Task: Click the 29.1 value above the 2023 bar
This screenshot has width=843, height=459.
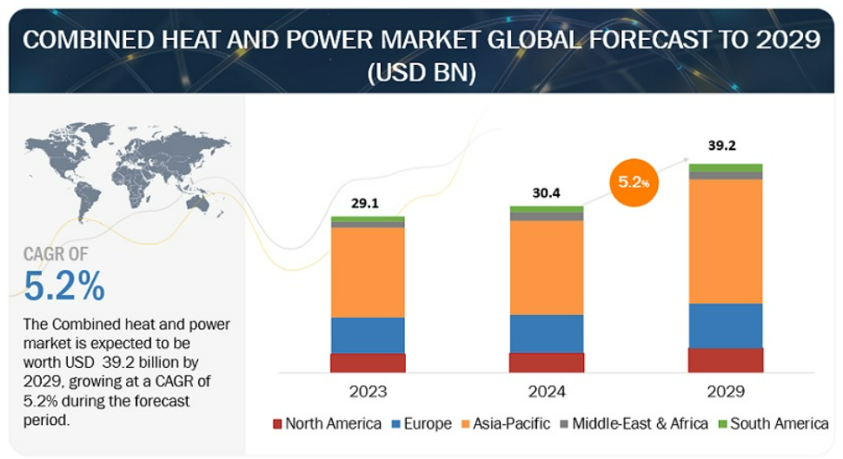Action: pos(365,203)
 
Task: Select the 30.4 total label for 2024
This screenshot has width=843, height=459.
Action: pos(547,193)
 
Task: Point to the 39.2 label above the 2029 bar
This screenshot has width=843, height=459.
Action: pos(722,145)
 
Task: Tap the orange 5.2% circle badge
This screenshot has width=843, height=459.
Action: pos(634,182)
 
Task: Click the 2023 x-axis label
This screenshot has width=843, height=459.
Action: pos(368,391)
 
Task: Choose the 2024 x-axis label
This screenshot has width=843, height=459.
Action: pos(547,391)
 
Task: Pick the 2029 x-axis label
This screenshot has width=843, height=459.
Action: pos(726,391)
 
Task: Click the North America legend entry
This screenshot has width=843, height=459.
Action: pos(328,423)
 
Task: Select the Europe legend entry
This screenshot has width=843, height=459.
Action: pos(422,423)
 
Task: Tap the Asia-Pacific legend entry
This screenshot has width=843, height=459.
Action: pos(506,423)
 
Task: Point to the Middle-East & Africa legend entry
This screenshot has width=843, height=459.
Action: pos(634,423)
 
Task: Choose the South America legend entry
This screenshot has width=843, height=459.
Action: pos(773,423)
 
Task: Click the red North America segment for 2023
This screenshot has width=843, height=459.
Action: pos(368,363)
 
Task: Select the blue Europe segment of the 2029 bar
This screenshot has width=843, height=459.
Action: pos(726,326)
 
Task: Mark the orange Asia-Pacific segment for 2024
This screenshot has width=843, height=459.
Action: pos(547,268)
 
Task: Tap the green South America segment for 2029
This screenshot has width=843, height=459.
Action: pos(726,168)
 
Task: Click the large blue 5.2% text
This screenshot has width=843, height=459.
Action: pos(64,285)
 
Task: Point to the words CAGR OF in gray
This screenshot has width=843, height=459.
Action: pos(56,254)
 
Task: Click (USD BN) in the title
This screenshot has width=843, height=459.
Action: pos(421,73)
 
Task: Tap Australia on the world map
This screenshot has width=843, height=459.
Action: pos(198,202)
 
